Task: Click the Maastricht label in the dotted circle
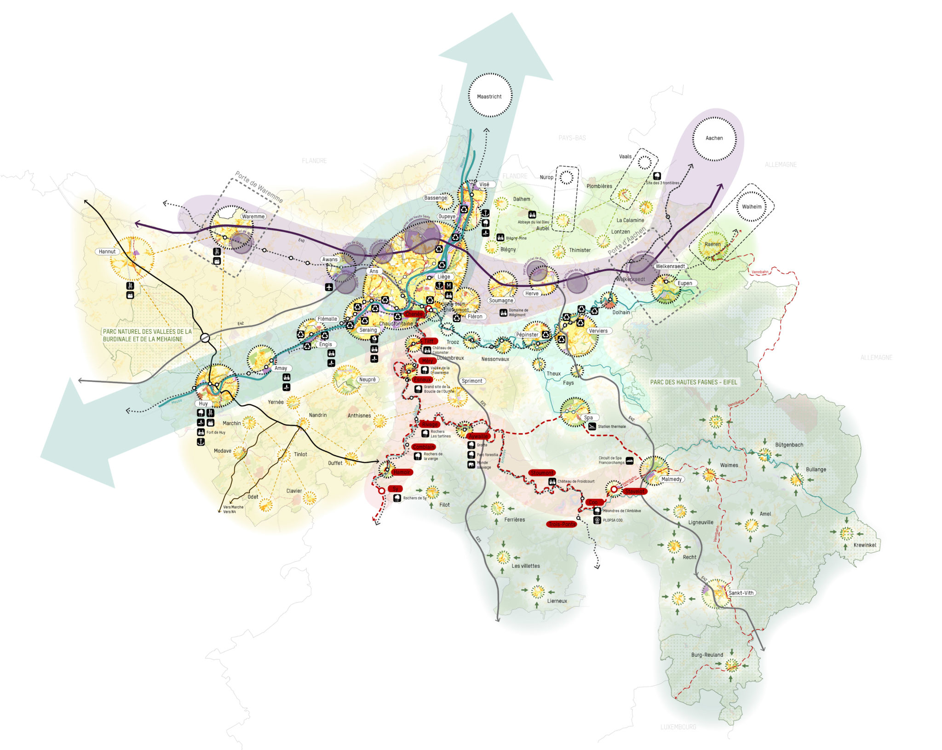tap(489, 97)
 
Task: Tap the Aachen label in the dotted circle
tap(714, 138)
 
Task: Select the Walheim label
tap(751, 206)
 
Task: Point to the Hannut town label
tap(107, 252)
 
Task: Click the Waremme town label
tap(253, 217)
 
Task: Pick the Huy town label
tap(203, 403)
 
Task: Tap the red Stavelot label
tap(634, 491)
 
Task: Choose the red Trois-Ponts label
tap(562, 524)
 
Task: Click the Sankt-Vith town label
tap(741, 593)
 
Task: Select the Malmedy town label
tap(671, 479)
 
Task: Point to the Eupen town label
tap(684, 283)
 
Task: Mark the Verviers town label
tap(598, 331)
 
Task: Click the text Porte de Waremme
tap(259, 188)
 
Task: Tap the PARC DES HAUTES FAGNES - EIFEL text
tap(693, 382)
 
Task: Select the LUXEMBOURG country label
tap(678, 727)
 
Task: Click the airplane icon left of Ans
tap(328, 287)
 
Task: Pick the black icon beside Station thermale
tap(592, 426)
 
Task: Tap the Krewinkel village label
tap(864, 545)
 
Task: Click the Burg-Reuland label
tap(707, 655)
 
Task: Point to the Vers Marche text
tap(233, 507)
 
